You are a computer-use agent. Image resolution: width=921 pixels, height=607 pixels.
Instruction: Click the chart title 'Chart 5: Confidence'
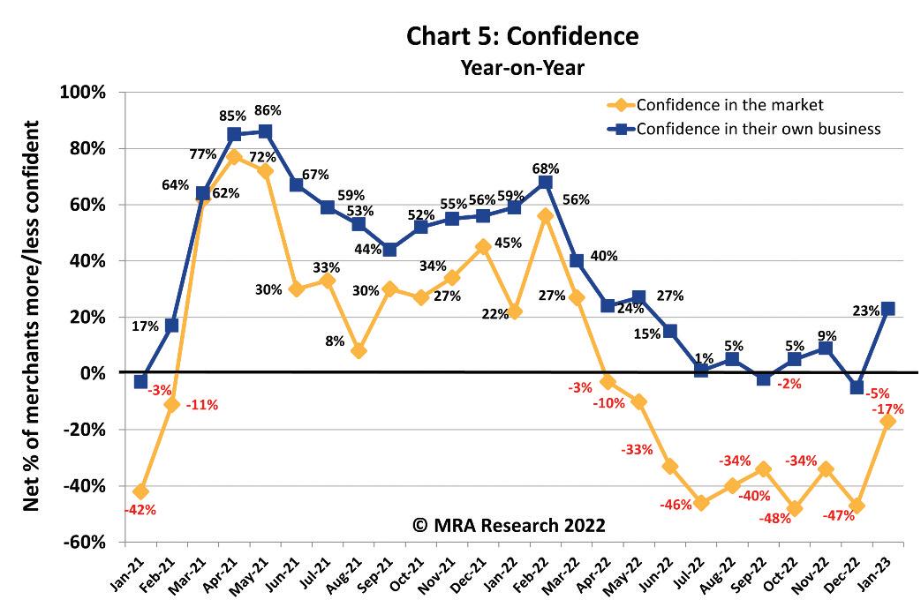pos(522,36)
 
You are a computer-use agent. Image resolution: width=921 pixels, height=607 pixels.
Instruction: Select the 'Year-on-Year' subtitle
pos(522,67)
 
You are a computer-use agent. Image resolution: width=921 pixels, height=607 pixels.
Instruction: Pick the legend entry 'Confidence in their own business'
pos(758,129)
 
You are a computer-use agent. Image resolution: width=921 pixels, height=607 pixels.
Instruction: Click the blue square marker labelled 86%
pos(266,131)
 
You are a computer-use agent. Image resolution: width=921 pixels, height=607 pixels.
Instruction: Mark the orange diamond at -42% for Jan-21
pos(140,491)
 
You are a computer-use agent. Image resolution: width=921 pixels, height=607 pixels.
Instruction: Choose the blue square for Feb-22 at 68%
pos(546,182)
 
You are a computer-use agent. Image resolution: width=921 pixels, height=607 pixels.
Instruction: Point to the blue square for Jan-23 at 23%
pos(887,309)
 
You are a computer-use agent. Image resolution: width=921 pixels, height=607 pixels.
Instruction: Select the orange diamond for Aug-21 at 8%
pos(358,350)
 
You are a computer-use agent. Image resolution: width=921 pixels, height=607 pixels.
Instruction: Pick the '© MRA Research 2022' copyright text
pos(509,525)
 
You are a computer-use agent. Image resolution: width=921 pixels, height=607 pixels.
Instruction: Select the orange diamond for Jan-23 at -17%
pos(887,421)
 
